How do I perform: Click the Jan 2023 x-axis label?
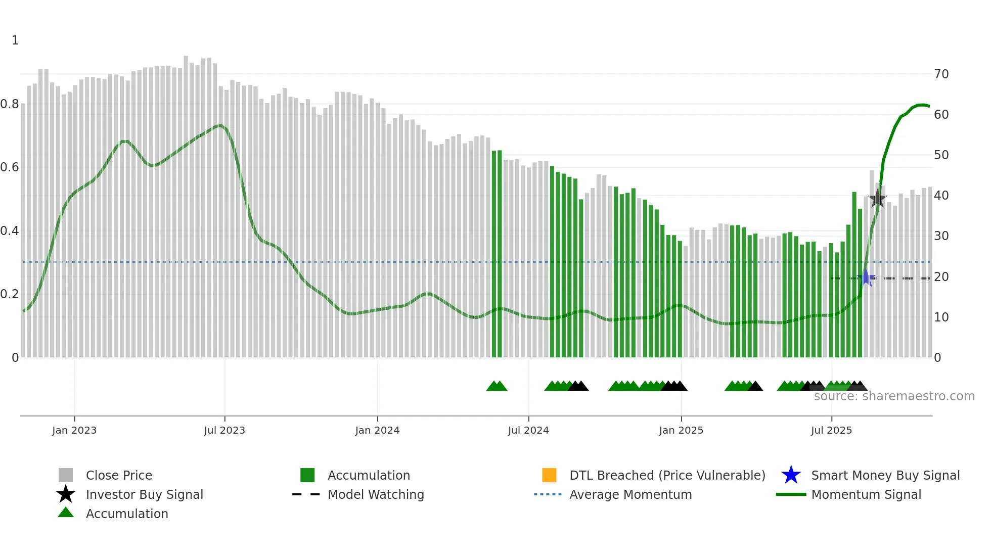click(x=74, y=430)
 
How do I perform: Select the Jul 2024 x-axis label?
click(x=528, y=430)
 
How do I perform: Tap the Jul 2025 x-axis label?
click(x=831, y=430)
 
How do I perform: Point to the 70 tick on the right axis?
click(x=941, y=74)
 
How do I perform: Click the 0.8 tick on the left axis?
click(x=10, y=104)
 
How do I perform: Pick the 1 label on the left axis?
click(x=15, y=40)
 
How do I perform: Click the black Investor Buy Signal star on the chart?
click(x=877, y=198)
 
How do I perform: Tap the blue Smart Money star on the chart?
click(x=866, y=277)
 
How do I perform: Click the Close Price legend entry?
click(x=119, y=475)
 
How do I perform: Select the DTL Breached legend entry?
click(x=667, y=475)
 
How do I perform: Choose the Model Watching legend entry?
click(x=376, y=494)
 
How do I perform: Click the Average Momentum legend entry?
click(x=630, y=494)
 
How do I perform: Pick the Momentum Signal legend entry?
click(x=866, y=494)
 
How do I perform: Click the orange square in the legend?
click(x=549, y=475)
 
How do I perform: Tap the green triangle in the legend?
click(x=66, y=513)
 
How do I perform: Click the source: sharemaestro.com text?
click(x=894, y=396)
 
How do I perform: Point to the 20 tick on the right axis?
click(x=941, y=277)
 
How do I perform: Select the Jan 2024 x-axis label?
click(x=377, y=430)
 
